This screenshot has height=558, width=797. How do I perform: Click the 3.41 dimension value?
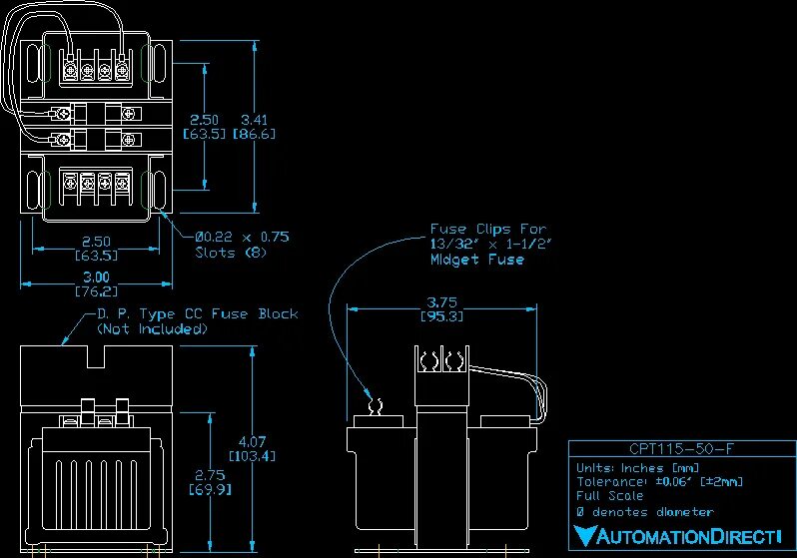coord(254,119)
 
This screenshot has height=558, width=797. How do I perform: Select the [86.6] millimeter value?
coord(254,133)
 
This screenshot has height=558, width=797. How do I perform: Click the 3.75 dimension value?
coord(444,301)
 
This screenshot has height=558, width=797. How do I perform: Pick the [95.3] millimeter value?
coord(444,316)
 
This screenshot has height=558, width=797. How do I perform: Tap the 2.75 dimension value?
coord(208,475)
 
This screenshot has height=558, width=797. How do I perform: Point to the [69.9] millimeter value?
coord(208,490)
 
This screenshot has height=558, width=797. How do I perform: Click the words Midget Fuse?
coord(476,260)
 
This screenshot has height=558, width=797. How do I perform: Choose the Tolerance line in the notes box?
coord(660,482)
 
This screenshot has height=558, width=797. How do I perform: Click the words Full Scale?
coord(609,496)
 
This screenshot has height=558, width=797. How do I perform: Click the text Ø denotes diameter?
coord(644,512)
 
